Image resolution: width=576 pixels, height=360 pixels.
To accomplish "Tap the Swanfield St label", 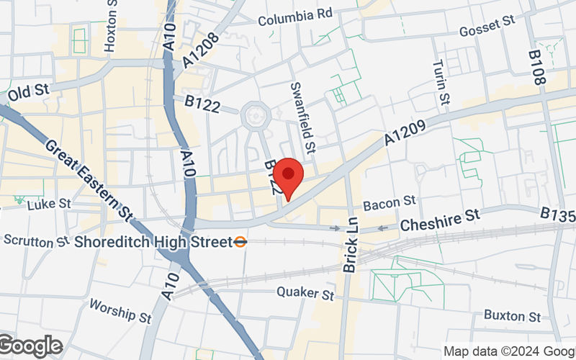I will pyautogui.click(x=302, y=117).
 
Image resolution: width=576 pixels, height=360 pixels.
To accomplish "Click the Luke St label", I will pyautogui.click(x=49, y=204).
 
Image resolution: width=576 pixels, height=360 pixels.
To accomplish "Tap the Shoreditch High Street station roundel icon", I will pyautogui.click(x=241, y=242).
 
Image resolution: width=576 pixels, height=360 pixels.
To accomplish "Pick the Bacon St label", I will pyautogui.click(x=390, y=204).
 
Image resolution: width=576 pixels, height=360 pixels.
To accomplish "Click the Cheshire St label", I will pyautogui.click(x=439, y=217).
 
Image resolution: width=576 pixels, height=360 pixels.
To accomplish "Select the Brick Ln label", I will pyautogui.click(x=351, y=245).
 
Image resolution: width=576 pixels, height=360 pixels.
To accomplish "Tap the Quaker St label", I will pyautogui.click(x=307, y=294).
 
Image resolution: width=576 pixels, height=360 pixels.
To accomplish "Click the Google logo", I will pyautogui.click(x=31, y=346).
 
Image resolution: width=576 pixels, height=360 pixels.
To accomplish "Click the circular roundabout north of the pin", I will pyautogui.click(x=255, y=115).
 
